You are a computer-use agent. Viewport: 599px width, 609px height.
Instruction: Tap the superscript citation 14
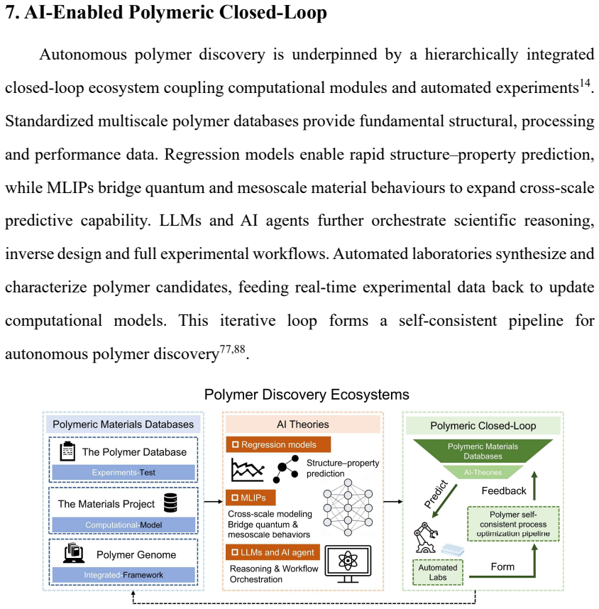[x=585, y=83]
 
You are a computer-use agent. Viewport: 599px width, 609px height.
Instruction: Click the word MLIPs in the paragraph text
[x=70, y=187]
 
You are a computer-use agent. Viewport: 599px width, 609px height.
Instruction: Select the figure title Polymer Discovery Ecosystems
[x=307, y=394]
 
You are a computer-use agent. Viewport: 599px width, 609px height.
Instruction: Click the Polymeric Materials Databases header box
[x=123, y=424]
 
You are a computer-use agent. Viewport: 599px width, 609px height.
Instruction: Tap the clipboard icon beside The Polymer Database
[x=67, y=451]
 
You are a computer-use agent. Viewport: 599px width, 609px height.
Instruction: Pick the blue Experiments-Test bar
[x=123, y=472]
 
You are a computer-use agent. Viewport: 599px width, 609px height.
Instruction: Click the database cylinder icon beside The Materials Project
[x=170, y=503]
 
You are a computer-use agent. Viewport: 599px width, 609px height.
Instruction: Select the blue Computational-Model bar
[x=123, y=525]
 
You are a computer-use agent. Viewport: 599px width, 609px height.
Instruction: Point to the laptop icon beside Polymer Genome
[x=74, y=553]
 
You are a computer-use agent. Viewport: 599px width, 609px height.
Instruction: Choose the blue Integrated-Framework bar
[x=123, y=575]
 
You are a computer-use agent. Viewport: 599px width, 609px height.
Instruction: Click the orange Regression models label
[x=278, y=444]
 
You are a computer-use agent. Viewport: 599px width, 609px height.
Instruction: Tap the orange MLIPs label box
[x=251, y=498]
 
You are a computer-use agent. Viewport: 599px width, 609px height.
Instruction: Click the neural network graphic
[x=348, y=507]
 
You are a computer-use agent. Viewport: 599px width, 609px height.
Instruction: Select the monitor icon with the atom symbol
[x=348, y=564]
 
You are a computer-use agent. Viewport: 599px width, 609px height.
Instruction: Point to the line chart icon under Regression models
[x=248, y=470]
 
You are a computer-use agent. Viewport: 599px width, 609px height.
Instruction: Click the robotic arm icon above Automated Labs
[x=426, y=537]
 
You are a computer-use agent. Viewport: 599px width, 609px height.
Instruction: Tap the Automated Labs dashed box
[x=438, y=572]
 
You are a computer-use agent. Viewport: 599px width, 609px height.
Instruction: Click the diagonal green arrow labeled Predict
[x=445, y=501]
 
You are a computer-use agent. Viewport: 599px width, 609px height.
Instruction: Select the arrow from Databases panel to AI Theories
[x=213, y=502]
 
